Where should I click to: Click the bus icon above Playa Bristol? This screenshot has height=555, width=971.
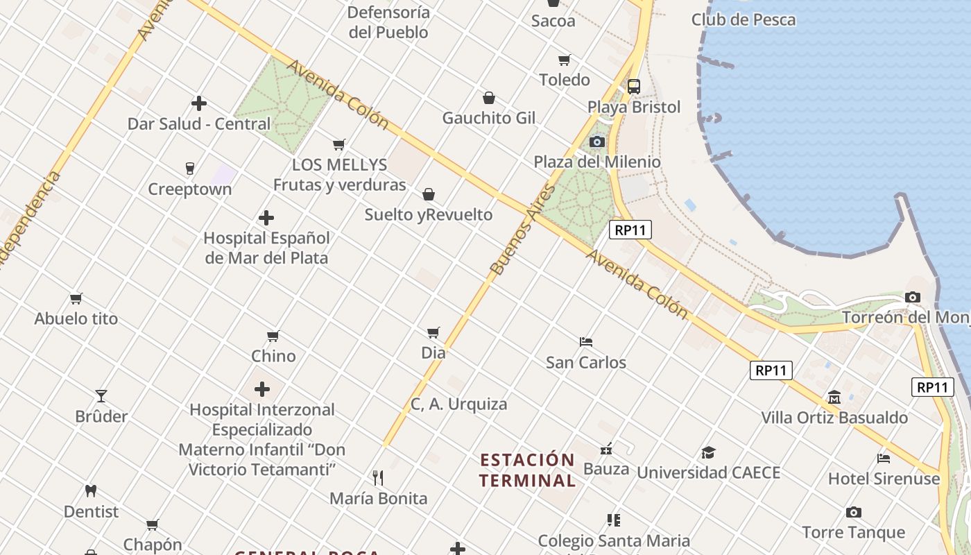click(x=633, y=87)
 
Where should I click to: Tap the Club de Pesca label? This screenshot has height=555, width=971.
click(x=743, y=19)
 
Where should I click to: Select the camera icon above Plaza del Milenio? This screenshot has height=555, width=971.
click(x=596, y=142)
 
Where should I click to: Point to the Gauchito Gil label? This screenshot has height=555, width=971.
click(x=489, y=118)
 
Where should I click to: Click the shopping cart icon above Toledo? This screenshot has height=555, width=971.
click(x=565, y=60)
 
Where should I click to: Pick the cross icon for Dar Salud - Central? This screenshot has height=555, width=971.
click(x=199, y=103)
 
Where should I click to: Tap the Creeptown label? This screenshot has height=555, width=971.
click(x=190, y=189)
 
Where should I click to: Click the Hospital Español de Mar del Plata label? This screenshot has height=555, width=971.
click(x=266, y=248)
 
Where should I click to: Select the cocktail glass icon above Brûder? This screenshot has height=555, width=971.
click(x=101, y=396)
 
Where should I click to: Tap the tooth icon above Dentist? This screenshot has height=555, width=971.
click(x=90, y=490)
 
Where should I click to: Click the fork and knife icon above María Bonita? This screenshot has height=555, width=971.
click(x=378, y=478)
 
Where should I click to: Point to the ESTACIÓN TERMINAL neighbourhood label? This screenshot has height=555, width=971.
click(x=528, y=470)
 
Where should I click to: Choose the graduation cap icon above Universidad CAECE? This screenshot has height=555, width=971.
click(x=708, y=452)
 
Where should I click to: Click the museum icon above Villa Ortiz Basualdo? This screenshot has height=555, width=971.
click(x=834, y=398)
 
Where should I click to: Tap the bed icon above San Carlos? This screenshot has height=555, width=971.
click(x=586, y=341)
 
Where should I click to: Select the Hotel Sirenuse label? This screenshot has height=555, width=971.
click(x=884, y=479)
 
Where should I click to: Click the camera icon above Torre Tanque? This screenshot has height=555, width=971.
click(x=854, y=512)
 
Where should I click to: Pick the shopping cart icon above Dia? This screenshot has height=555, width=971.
click(x=433, y=332)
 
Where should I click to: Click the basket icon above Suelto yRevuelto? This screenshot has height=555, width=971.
click(x=429, y=194)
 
